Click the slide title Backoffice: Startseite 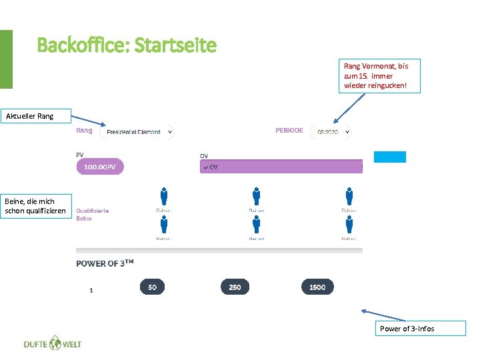[127, 45]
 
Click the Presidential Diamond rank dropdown [137, 131]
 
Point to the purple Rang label [84, 131]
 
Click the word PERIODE [289, 131]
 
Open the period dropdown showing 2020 [331, 132]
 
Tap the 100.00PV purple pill [100, 167]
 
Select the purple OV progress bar [281, 167]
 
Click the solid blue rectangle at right [389, 157]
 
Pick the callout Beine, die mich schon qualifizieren [35, 206]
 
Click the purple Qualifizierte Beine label [92, 214]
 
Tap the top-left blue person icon [164, 196]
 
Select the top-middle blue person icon [257, 196]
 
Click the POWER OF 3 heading [105, 263]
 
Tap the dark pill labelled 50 [152, 287]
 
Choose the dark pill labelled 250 [235, 287]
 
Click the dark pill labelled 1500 [317, 287]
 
